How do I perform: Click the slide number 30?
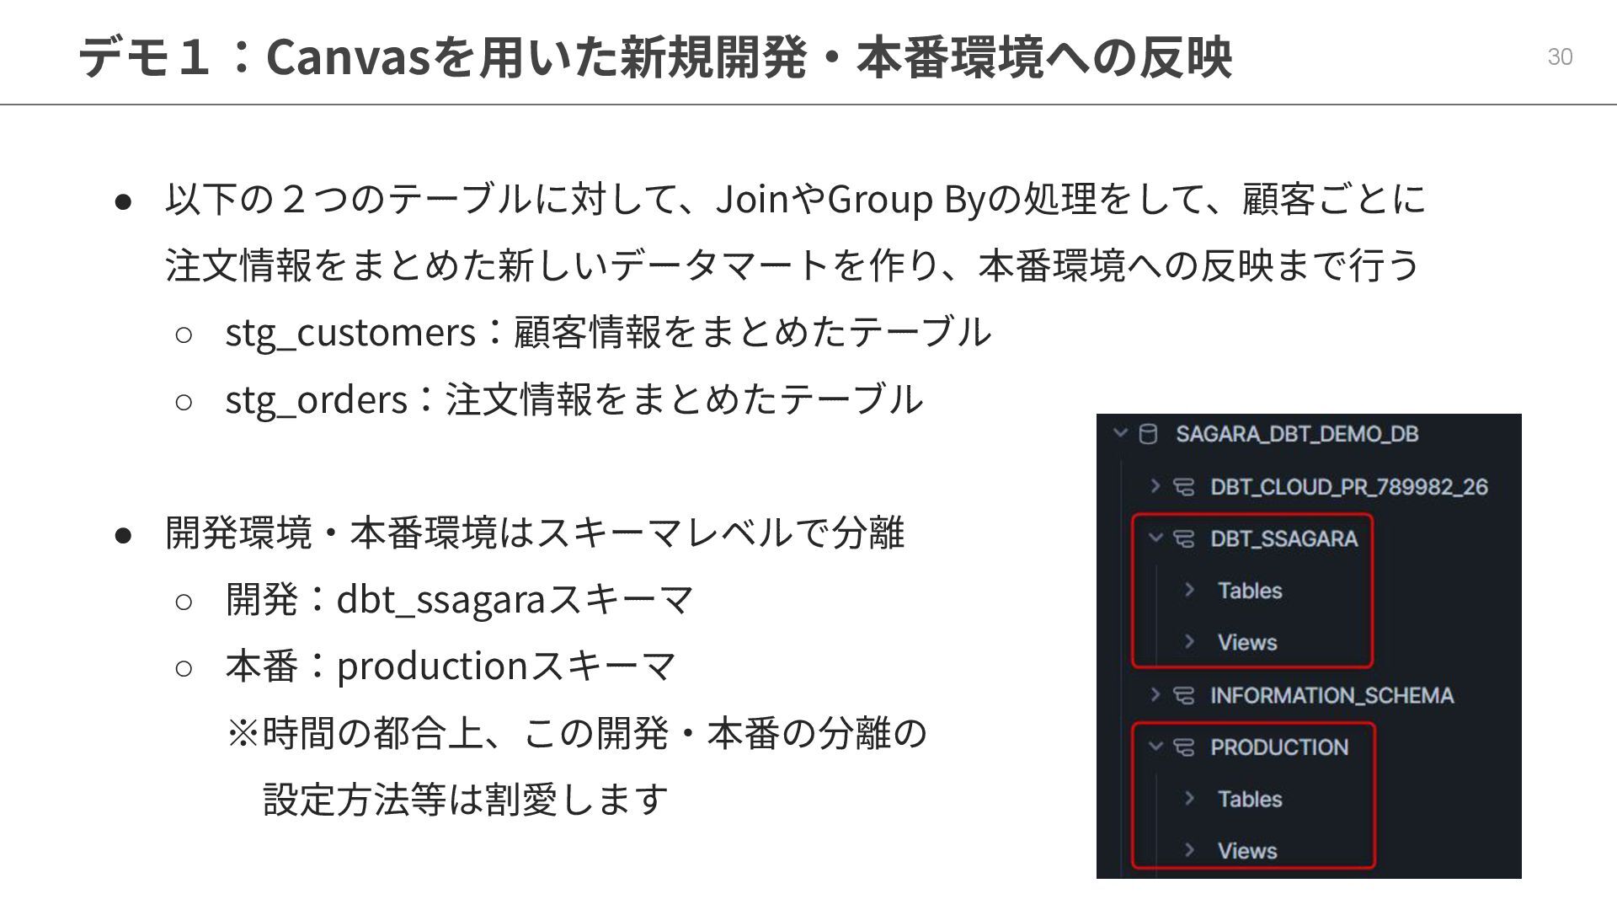[1560, 56]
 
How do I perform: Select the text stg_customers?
[350, 332]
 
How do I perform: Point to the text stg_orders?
[316, 399]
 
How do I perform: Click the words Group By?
[905, 200]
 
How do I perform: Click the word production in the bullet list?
[432, 666]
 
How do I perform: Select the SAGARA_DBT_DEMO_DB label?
[1297, 434]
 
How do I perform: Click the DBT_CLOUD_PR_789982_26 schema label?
[1348, 487]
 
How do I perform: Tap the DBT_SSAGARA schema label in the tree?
[1283, 538]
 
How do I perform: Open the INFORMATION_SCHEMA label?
[1331, 695]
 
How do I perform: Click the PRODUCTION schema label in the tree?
[1278, 747]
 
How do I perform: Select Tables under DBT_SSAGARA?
[1250, 591]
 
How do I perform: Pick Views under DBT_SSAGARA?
[1247, 642]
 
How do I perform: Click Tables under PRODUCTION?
[1250, 799]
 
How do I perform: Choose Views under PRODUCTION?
[1247, 851]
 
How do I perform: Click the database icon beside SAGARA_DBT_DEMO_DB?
[1147, 434]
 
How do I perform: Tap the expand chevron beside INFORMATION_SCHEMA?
[1155, 695]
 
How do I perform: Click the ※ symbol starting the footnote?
[243, 733]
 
